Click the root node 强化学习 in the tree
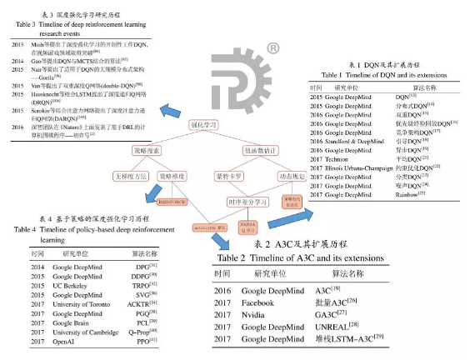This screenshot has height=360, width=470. tap(209, 127)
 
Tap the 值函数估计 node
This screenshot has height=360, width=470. tap(262, 152)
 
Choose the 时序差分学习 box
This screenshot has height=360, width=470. tap(251, 202)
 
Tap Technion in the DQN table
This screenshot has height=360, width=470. tap(339, 157)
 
